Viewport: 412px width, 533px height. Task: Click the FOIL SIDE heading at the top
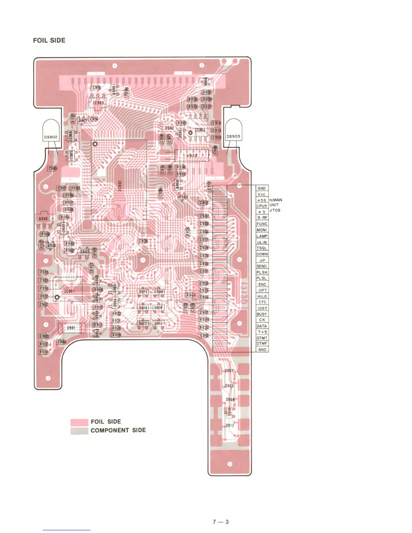[x=49, y=40]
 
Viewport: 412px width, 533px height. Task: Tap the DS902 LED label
[x=51, y=137]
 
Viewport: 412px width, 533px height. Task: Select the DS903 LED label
[x=233, y=137]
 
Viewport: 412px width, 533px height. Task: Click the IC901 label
[x=69, y=291]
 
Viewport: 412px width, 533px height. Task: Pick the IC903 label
[x=98, y=103]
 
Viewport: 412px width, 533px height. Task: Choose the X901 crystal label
[x=71, y=328]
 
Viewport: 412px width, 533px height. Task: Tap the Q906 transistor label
[x=43, y=219]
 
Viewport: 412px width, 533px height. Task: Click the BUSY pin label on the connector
[x=262, y=314]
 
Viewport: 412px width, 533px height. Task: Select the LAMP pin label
[x=262, y=236]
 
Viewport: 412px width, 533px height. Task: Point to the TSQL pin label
[x=262, y=248]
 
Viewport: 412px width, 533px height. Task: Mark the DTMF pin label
[x=262, y=344]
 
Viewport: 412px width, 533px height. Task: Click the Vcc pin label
[x=262, y=194]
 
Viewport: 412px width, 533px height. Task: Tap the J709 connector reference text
[x=275, y=210]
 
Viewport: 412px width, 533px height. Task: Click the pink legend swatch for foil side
[x=79, y=422]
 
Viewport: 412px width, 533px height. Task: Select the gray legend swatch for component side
[x=79, y=431]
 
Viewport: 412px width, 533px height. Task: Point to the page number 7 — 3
[x=221, y=522]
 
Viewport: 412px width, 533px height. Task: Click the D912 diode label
[x=230, y=426]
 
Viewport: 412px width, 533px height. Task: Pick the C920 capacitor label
[x=143, y=241]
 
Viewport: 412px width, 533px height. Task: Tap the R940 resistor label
[x=191, y=295]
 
